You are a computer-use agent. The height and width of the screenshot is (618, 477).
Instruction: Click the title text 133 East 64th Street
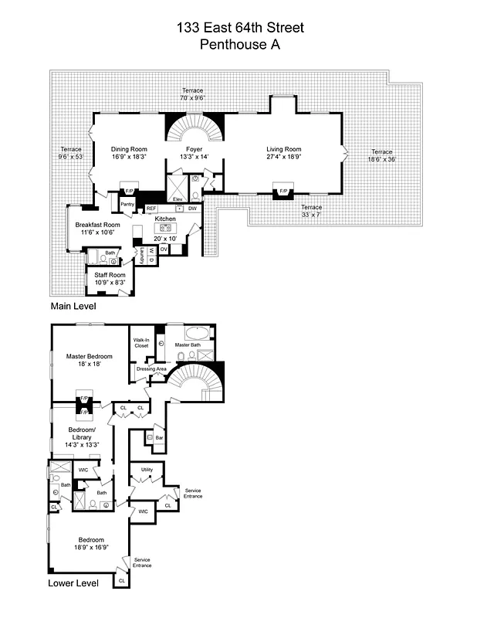[x=240, y=29]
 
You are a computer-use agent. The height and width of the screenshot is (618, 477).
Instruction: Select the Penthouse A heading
[x=240, y=45]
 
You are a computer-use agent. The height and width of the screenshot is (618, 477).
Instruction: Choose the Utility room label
[x=147, y=469]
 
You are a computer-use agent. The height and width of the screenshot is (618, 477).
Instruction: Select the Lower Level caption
[x=73, y=583]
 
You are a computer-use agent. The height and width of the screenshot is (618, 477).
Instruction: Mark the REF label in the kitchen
[x=151, y=209]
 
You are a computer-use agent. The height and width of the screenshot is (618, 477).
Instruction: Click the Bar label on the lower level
[x=159, y=437]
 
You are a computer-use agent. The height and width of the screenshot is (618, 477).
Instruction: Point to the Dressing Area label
[x=151, y=369]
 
